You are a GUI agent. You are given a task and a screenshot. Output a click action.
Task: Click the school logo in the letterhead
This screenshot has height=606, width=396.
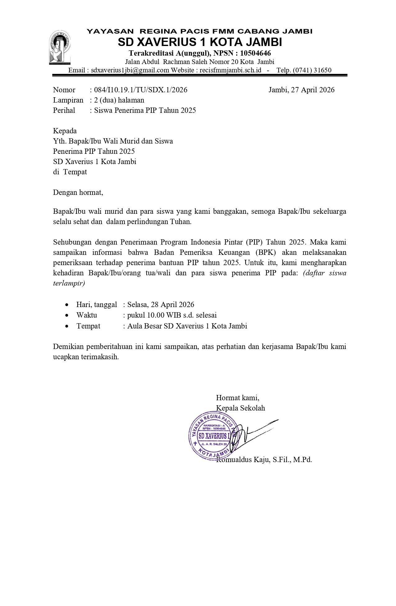(59, 48)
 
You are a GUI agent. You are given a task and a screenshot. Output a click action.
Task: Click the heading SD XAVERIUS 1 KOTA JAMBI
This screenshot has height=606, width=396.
(200, 42)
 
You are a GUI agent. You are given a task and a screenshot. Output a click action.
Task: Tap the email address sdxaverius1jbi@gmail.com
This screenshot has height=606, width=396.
(130, 70)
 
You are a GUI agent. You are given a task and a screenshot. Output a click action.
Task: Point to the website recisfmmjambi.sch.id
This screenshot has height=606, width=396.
(230, 70)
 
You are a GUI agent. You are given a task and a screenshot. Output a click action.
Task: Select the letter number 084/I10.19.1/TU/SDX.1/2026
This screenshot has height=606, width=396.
(141, 90)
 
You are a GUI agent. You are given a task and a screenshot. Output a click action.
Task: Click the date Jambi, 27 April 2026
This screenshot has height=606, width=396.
(301, 90)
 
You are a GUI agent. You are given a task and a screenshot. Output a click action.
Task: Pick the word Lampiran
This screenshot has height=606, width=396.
(68, 100)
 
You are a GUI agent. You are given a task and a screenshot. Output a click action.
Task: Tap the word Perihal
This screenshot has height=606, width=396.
(64, 110)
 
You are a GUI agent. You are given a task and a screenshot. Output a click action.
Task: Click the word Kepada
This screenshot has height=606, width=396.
(65, 131)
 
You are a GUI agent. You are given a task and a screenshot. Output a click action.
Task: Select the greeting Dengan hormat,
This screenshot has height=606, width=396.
(78, 192)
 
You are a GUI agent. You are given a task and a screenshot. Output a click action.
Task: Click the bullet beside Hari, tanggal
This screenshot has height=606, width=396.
(67, 305)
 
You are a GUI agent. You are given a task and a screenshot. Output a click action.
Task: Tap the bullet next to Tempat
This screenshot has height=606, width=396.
(67, 326)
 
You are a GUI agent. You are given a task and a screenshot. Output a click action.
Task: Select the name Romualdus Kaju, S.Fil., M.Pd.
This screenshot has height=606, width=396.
(264, 460)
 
